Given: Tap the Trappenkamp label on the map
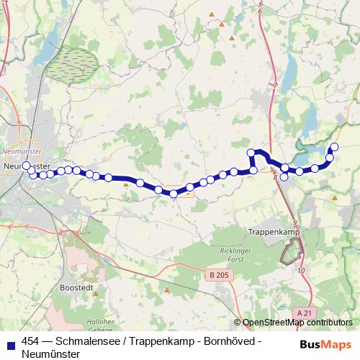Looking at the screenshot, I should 273,232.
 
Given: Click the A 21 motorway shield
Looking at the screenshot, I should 305,313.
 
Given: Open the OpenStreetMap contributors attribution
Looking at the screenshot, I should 297,323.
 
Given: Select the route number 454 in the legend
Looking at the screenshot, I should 31,343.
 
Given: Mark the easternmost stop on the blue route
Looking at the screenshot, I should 334,147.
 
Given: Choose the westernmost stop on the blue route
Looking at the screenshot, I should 27,166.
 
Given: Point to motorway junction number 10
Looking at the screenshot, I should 300,270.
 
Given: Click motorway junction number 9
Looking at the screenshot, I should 295,222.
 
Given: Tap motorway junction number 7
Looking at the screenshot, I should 275,86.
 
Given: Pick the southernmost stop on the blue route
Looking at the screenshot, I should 174,194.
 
